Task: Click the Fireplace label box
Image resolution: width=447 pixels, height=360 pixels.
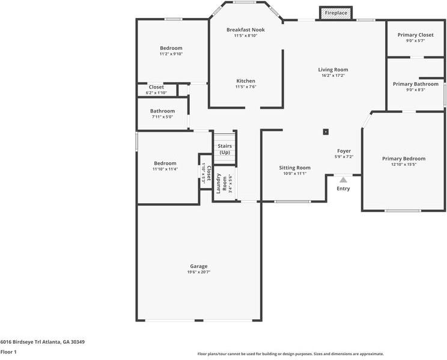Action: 336,13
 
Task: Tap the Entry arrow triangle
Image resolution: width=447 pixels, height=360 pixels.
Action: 343,179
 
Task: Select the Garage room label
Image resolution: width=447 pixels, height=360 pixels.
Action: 199,266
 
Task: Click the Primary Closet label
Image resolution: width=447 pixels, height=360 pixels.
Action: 415,35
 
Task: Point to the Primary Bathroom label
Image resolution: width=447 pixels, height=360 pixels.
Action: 415,84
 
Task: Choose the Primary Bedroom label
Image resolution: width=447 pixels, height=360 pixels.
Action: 404,159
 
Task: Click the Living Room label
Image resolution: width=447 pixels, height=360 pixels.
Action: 333,70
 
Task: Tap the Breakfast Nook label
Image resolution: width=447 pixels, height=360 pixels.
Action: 245,29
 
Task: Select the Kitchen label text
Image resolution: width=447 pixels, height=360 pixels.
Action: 245,81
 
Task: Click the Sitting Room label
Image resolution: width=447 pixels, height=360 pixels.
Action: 294,168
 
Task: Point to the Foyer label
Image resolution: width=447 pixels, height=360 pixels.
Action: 344,151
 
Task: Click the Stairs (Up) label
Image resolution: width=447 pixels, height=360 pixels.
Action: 225,149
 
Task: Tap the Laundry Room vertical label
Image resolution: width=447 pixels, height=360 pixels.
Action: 222,183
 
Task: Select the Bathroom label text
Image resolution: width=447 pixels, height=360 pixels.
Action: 162,111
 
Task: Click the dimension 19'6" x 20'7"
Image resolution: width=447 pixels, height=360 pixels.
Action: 199,272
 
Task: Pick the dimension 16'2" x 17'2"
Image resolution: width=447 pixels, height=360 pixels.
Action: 333,76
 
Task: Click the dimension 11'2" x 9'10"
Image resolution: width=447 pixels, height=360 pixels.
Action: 171,54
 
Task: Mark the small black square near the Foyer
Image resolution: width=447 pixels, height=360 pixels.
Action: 326,132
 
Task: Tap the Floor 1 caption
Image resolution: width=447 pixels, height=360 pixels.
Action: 8,352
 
